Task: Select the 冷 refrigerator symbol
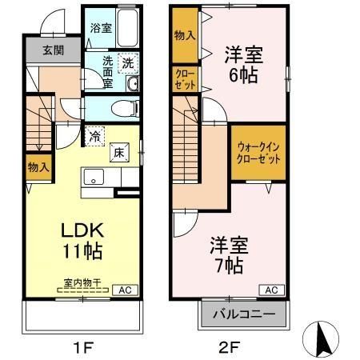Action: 95,136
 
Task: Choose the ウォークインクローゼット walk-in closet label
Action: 258,153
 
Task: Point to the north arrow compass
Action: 322,337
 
